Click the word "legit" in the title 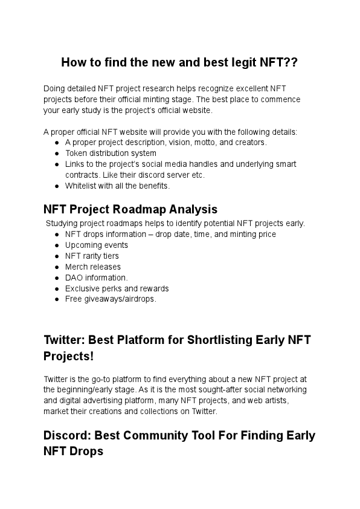tap(240, 62)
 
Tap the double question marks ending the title tap(289, 62)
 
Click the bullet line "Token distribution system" tap(111, 154)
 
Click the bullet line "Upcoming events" tap(97, 245)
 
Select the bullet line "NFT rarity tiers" tap(92, 256)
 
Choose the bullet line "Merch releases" tap(93, 267)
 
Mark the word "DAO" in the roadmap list tap(74, 278)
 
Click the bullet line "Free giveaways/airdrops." tap(111, 300)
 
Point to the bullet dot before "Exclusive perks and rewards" tap(56, 289)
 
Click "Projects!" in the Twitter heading tap(69, 357)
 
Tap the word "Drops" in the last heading tap(85, 452)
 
